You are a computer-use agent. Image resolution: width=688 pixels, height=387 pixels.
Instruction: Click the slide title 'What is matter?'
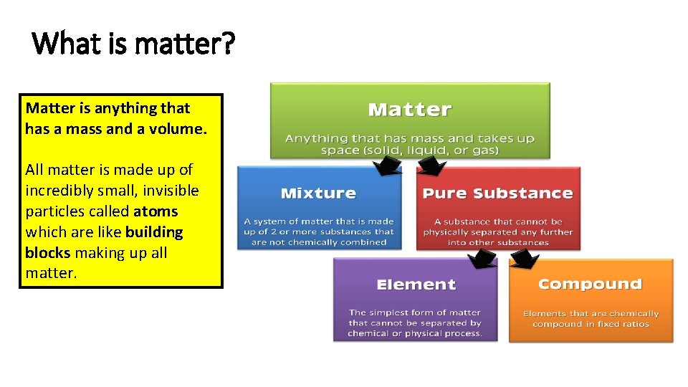click(134, 43)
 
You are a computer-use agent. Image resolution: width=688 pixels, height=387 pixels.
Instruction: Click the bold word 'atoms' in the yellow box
click(156, 211)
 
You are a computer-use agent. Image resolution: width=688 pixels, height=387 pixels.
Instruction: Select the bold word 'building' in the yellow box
click(154, 232)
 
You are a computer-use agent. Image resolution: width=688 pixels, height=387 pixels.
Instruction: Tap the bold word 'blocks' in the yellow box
click(47, 253)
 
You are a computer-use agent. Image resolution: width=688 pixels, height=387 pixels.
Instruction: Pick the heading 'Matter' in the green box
click(409, 110)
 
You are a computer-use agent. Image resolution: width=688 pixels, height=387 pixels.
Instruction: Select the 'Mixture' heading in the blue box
click(318, 193)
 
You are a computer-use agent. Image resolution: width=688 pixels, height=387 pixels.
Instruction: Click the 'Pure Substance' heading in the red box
click(497, 193)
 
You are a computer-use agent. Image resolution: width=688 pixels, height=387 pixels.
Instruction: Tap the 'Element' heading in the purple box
click(416, 285)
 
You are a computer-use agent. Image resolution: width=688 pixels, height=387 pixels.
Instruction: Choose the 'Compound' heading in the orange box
click(590, 284)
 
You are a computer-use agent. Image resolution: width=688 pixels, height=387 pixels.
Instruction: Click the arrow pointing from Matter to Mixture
click(388, 166)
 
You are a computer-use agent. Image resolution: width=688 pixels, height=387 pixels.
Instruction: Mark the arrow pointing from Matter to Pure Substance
click(431, 166)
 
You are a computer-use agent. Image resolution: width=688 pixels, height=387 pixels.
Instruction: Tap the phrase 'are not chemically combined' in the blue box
click(319, 242)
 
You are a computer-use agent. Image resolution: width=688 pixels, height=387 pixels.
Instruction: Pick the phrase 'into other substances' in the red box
click(498, 242)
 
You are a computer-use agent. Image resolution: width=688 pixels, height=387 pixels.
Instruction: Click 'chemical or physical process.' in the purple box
click(415, 333)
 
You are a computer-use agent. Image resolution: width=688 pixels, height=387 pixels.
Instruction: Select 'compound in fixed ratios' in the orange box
click(591, 324)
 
